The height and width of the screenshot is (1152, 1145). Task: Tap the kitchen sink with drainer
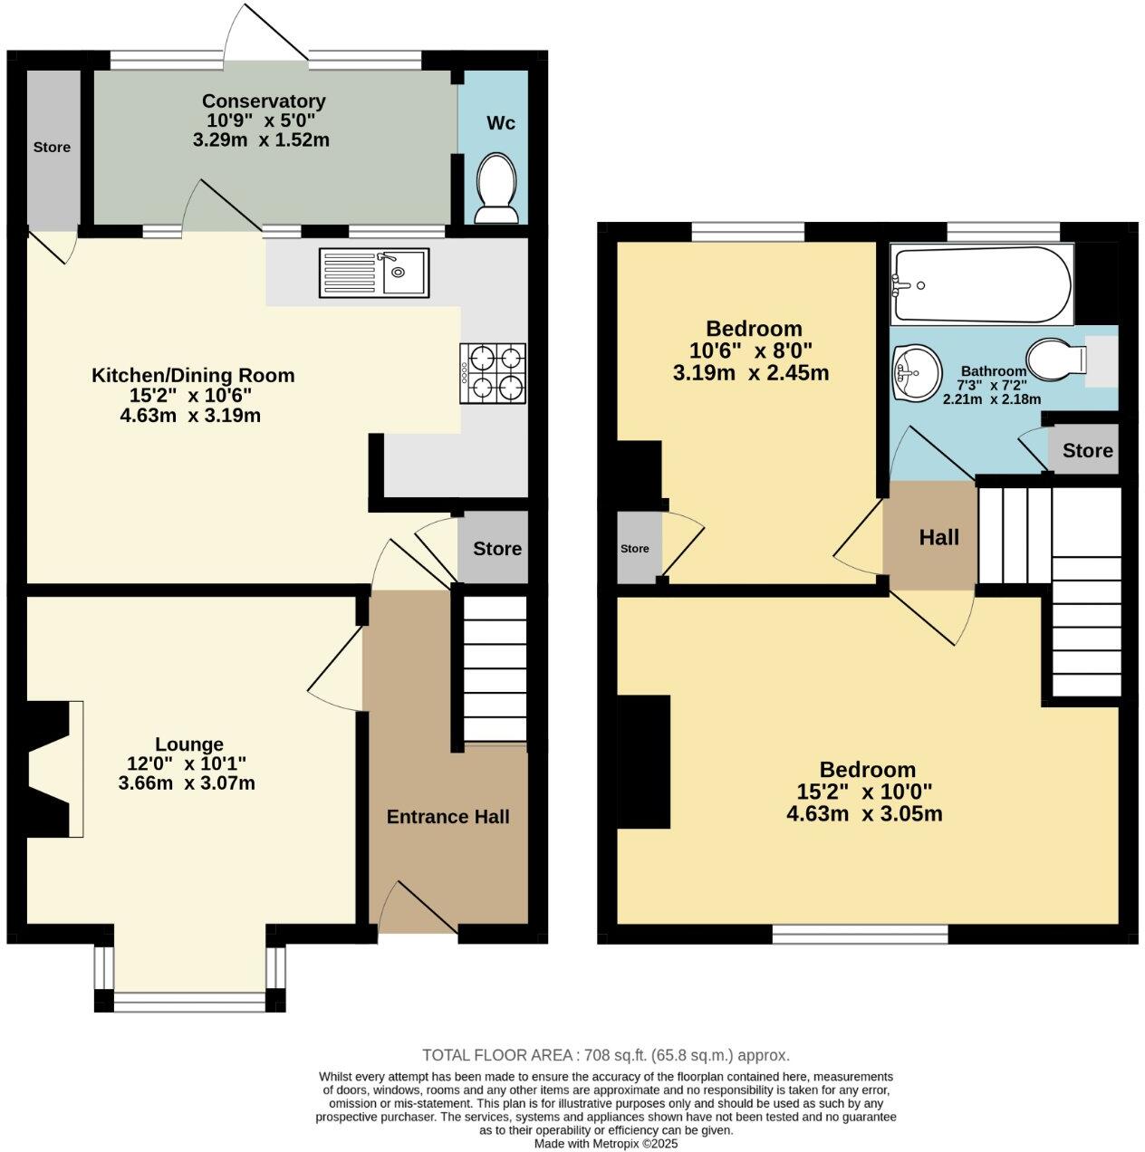click(373, 273)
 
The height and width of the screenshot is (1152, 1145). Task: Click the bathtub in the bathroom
click(982, 284)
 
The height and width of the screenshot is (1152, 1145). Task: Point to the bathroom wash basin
click(914, 372)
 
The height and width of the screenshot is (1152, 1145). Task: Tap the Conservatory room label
click(263, 101)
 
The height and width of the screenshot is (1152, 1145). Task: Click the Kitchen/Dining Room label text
click(193, 375)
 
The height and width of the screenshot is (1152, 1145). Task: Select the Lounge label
click(188, 744)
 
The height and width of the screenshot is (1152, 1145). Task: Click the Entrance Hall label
click(447, 817)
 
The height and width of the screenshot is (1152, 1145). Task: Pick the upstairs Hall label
click(938, 538)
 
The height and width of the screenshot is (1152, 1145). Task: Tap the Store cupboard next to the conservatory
click(52, 147)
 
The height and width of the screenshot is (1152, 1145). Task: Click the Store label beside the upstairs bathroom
click(1087, 451)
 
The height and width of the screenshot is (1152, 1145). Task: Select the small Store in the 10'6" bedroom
click(635, 549)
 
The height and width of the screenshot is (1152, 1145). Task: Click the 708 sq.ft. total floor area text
click(606, 1055)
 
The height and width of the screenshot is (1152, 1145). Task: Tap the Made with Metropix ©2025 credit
click(605, 1144)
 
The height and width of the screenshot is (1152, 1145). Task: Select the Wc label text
click(501, 122)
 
